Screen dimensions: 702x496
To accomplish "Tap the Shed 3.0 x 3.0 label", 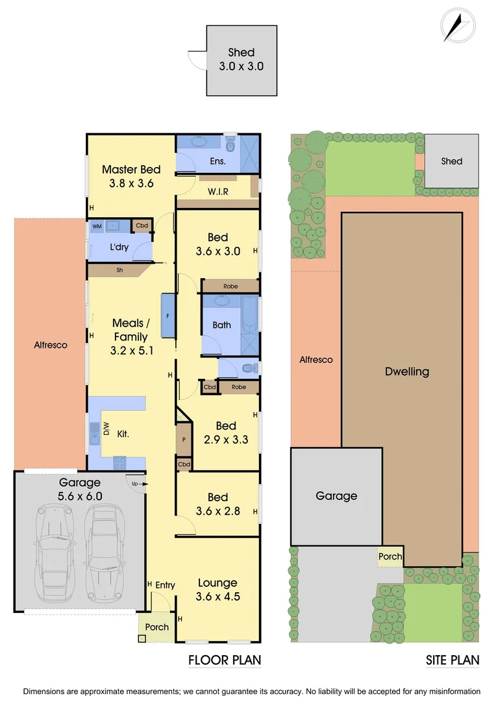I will tap(241, 59).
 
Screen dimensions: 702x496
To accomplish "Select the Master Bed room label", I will tap(130, 176).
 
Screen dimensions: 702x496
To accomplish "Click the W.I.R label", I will tap(217, 192).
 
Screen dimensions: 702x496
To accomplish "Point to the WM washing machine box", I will tap(97, 226).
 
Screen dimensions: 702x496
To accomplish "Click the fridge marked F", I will tap(168, 315).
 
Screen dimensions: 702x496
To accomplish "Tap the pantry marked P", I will tap(184, 439).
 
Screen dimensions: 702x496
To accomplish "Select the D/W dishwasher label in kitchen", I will tap(106, 429).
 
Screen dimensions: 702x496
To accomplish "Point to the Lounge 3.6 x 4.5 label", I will tap(217, 590).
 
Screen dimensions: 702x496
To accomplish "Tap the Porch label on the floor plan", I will tap(156, 627).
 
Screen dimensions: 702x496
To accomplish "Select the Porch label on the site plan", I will tap(390, 556).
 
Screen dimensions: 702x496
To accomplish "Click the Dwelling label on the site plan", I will tap(407, 372).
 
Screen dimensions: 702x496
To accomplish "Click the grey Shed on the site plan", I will tap(451, 161).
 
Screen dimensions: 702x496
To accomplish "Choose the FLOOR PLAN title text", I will tap(225, 660).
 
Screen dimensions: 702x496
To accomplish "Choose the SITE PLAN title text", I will tap(453, 660).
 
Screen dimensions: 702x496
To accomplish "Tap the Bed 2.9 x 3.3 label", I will tap(225, 433).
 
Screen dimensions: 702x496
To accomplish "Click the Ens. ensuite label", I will tap(217, 161).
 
